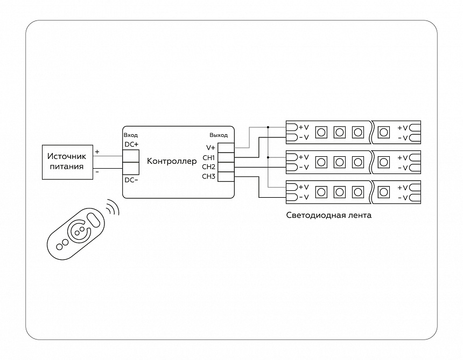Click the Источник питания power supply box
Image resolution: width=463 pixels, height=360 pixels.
tap(67, 162)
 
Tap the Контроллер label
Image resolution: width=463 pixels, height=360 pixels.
tap(172, 161)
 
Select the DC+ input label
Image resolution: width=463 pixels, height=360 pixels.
tap(131, 144)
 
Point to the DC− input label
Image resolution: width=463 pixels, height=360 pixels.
tap(131, 180)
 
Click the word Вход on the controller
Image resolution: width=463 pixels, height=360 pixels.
tap(131, 135)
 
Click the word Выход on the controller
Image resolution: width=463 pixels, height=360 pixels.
tap(218, 135)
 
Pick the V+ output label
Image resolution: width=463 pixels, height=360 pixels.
tap(211, 148)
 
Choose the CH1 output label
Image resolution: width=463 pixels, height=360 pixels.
tap(209, 157)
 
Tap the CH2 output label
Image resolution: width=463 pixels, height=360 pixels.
tap(209, 167)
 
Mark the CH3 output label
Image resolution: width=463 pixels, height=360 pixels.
tap(209, 177)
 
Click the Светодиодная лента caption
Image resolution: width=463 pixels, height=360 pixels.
tap(329, 215)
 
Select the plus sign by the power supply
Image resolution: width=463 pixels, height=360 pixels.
tap(97, 152)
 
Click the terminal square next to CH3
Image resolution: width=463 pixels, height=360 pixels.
tap(226, 177)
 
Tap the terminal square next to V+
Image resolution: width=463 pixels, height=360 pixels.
tap(226, 148)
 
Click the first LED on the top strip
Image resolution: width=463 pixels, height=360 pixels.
tap(321, 132)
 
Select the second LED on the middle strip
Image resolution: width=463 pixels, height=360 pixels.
tap(339, 162)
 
